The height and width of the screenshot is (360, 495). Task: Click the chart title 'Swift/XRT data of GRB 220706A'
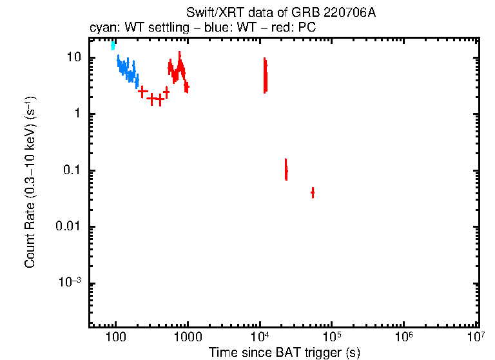click(x=280, y=13)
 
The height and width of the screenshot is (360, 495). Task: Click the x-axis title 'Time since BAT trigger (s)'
click(x=284, y=352)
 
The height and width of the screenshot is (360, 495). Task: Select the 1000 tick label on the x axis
click(x=188, y=336)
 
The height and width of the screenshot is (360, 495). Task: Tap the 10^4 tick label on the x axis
click(x=260, y=335)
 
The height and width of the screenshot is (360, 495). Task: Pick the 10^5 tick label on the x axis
click(x=332, y=335)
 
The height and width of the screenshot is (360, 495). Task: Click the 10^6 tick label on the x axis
click(x=404, y=335)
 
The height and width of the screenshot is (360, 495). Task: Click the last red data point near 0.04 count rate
click(x=313, y=192)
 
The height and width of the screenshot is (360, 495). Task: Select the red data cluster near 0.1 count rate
click(x=286, y=170)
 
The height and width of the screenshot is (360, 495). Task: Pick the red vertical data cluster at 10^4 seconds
click(x=265, y=75)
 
